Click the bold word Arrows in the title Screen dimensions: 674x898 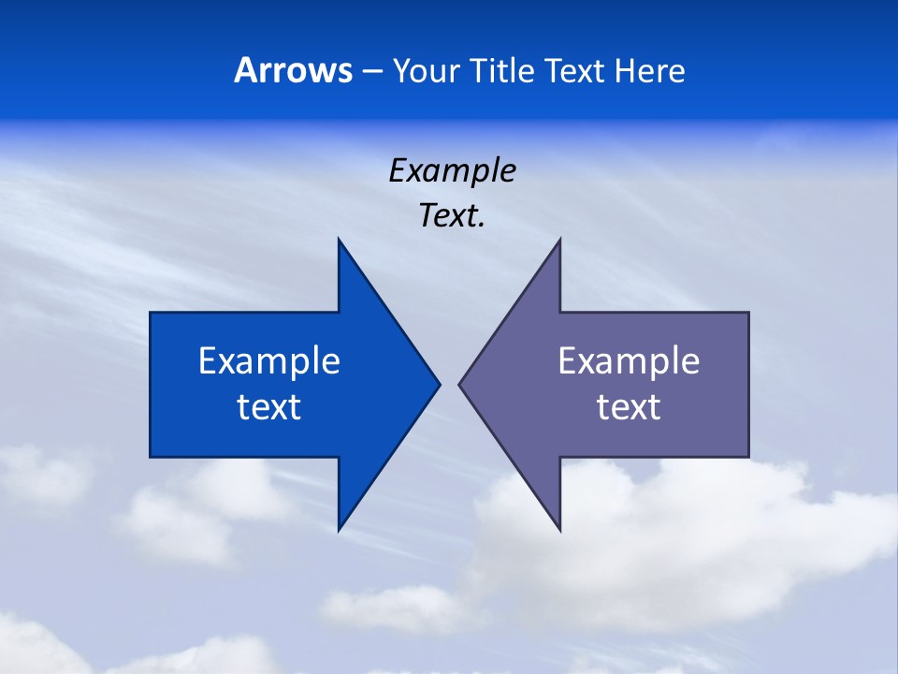pos(293,70)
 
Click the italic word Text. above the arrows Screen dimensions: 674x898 pos(452,216)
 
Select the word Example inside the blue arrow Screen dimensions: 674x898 pos(269,361)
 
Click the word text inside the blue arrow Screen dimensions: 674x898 pos(269,407)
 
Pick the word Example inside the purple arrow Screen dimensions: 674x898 pos(629,361)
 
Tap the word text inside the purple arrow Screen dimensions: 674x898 pos(629,407)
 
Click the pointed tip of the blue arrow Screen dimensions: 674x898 pos(439,384)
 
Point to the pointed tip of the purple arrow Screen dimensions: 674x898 pos(459,384)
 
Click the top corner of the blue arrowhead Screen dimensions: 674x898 pos(339,239)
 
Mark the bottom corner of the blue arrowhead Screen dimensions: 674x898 pos(339,530)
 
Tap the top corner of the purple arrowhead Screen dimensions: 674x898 pos(559,239)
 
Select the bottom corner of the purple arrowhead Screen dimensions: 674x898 pos(559,530)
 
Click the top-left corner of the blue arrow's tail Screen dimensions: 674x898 pos(151,313)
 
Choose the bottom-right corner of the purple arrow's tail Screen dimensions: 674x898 pos(748,457)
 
